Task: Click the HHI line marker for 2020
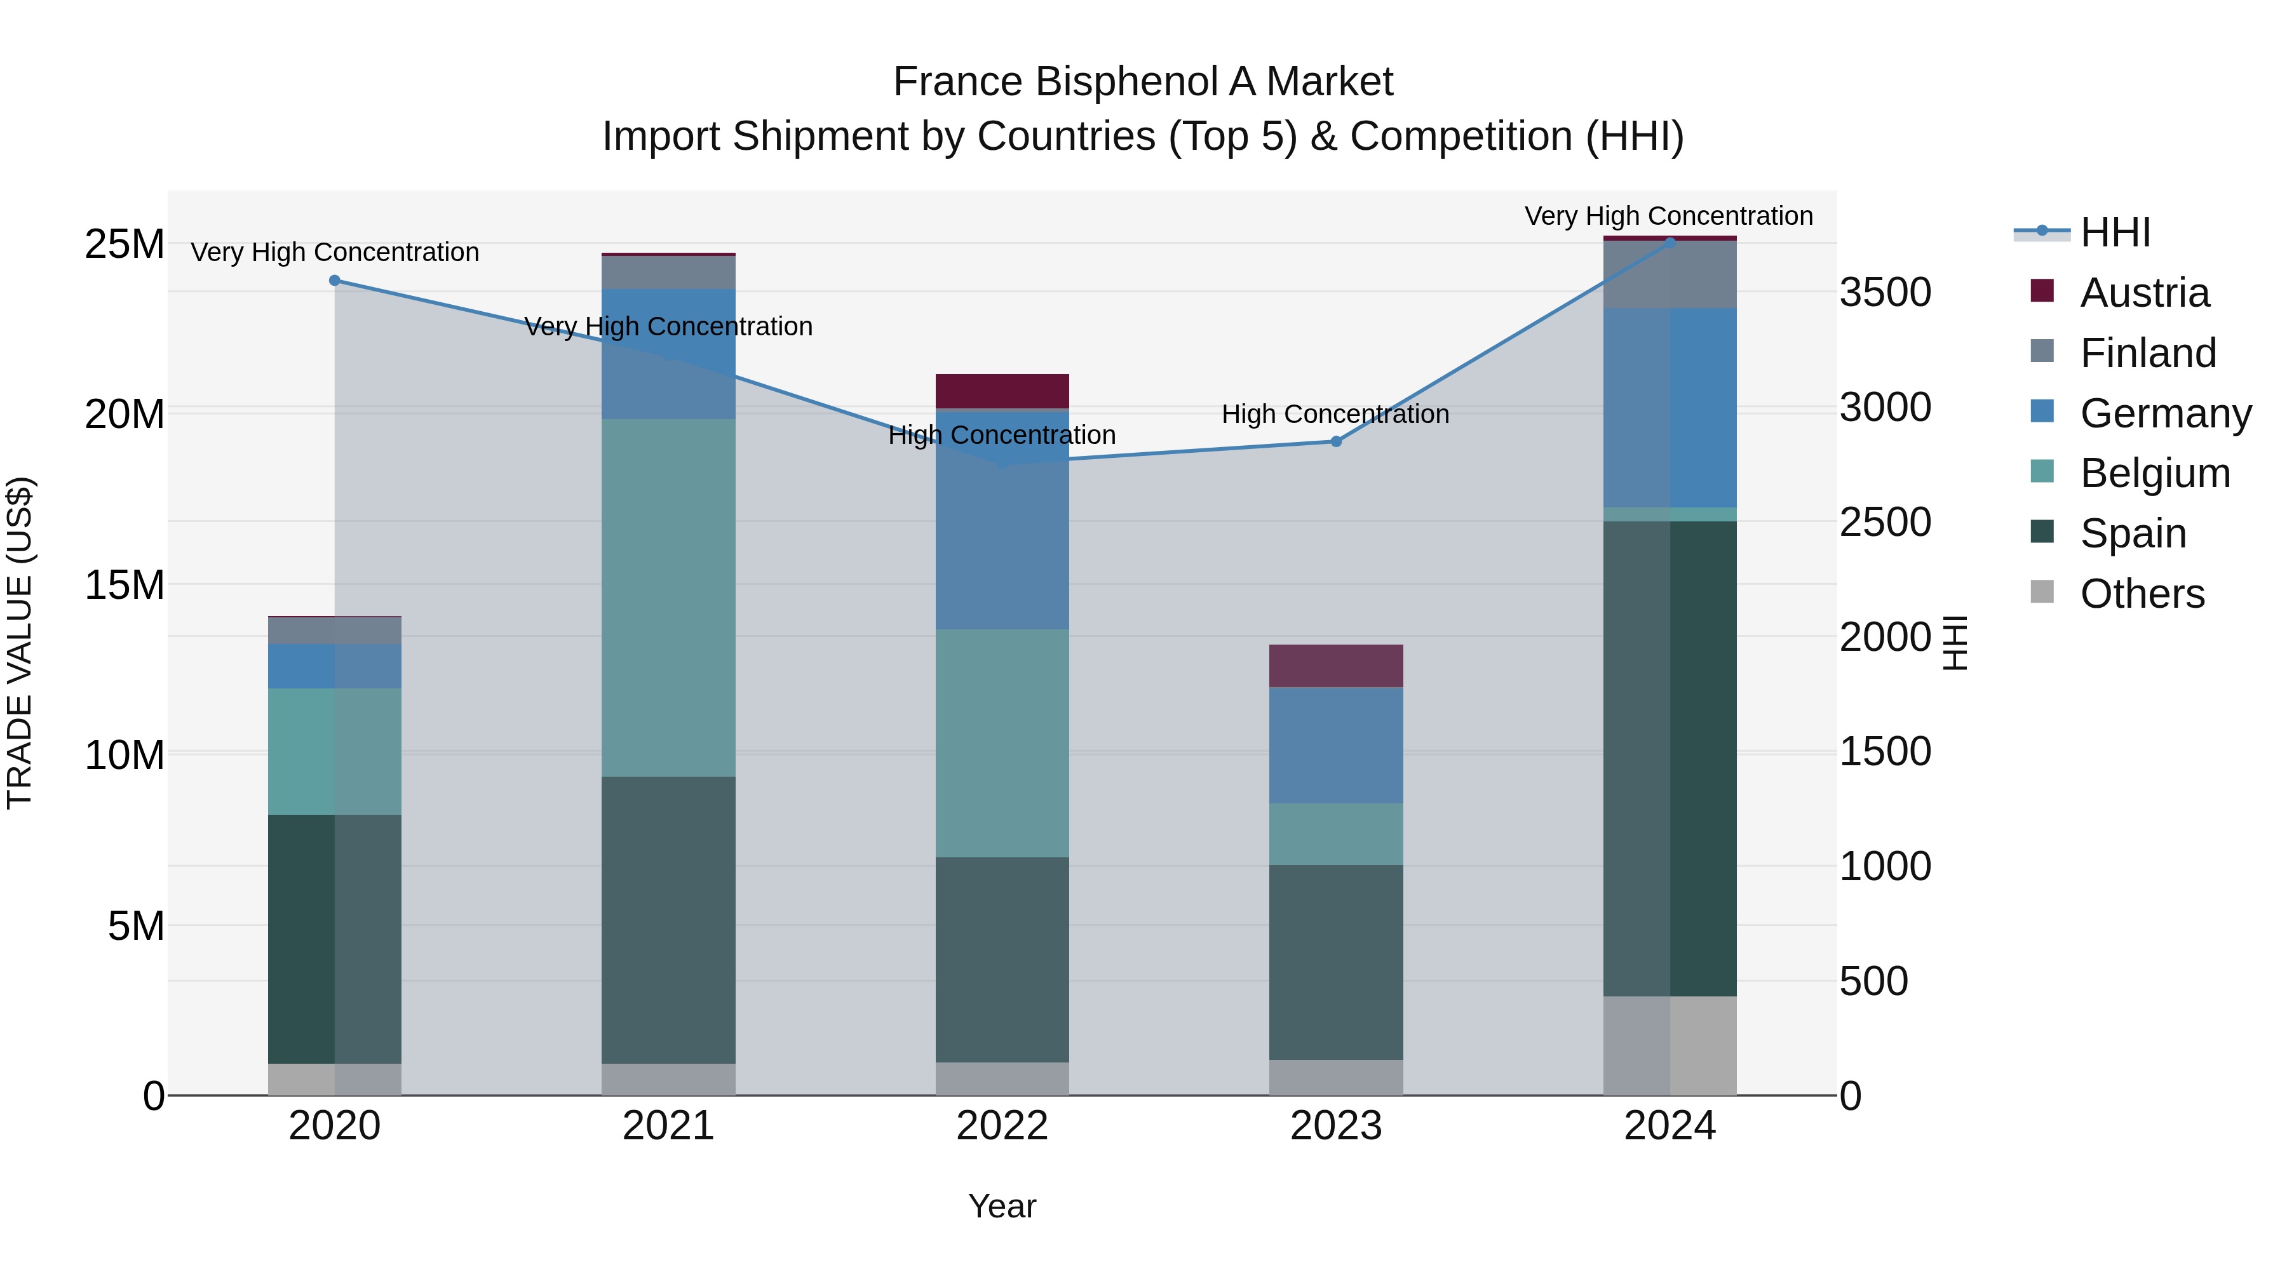(335, 281)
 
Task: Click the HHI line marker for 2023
(1336, 441)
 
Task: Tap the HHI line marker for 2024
(1670, 243)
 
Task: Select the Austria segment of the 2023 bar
(1336, 666)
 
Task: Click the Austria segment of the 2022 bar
(1002, 391)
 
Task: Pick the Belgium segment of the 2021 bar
(668, 598)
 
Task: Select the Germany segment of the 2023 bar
(1336, 745)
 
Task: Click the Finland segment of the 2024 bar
(1670, 274)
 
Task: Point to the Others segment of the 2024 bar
(1670, 1045)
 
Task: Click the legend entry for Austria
(2143, 293)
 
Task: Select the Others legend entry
(2142, 594)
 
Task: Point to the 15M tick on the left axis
(125, 585)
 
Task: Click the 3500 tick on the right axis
(1885, 292)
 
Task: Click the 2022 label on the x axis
(1002, 1126)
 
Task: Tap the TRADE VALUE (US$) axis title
(20, 643)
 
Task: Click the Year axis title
(1002, 1206)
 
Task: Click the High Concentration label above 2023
(1335, 415)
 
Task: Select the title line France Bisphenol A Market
(1143, 82)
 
